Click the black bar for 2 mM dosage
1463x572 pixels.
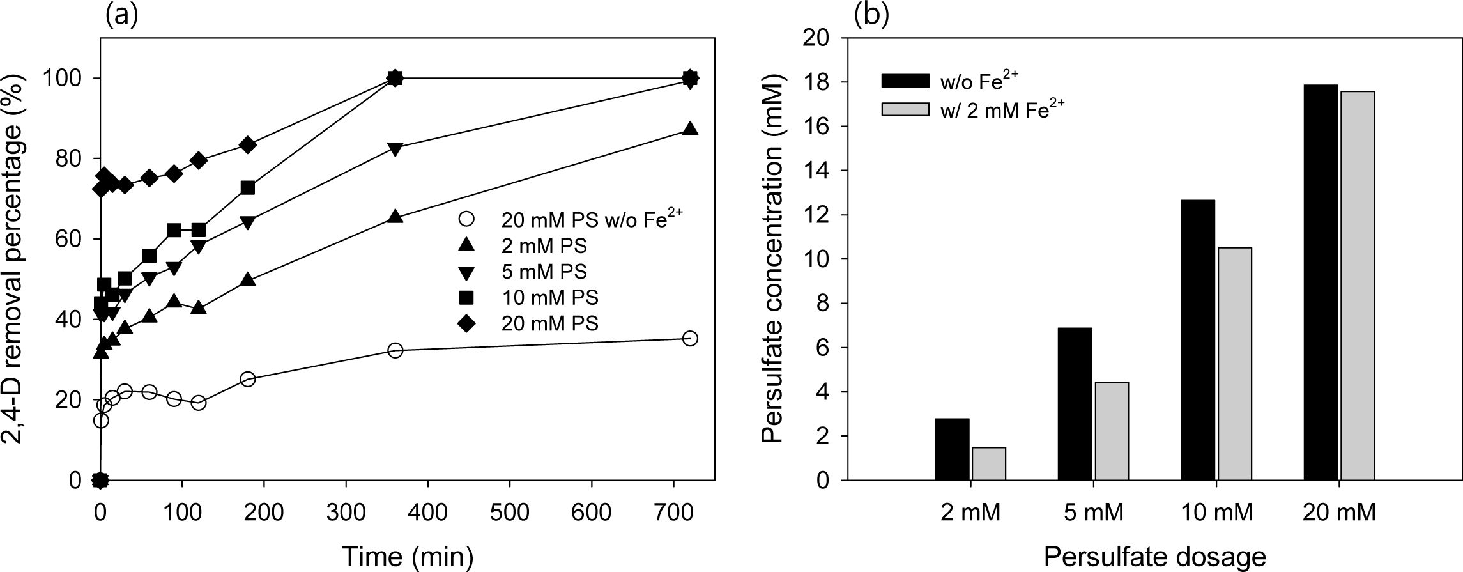coord(951,449)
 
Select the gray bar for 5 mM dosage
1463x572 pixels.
coord(1112,431)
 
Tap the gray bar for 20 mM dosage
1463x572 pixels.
coord(1358,286)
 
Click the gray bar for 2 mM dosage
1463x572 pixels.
coord(989,463)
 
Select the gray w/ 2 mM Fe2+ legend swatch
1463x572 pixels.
coord(905,110)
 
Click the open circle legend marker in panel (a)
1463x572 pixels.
coord(467,220)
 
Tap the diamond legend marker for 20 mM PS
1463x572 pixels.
coord(467,324)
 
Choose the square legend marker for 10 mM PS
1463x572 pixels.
coord(467,298)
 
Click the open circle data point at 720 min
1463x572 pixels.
coord(690,339)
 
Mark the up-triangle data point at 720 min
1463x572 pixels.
coord(690,129)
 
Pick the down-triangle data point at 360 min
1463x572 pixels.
coord(395,149)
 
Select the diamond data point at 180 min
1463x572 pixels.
coord(249,145)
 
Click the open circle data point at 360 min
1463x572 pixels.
coord(395,350)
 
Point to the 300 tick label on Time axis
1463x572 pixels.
coord(346,513)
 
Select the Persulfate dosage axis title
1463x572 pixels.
coord(1154,557)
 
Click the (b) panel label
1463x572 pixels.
coord(871,15)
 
